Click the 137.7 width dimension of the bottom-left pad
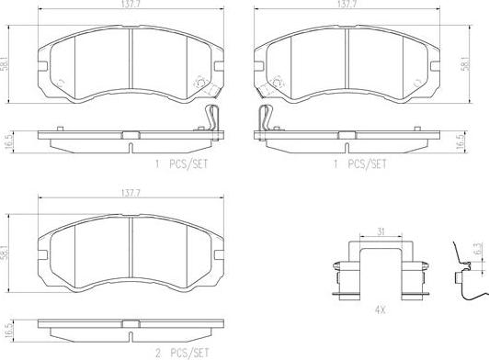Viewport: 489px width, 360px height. tap(131, 193)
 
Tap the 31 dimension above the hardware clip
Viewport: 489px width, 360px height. tap(381, 231)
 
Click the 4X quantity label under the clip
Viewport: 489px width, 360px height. tap(380, 310)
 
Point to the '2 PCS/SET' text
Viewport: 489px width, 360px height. tap(182, 354)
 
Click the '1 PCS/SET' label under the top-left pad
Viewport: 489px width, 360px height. tap(182, 164)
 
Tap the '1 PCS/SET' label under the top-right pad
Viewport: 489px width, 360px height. tap(360, 164)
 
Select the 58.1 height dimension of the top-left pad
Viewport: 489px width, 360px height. tap(5, 64)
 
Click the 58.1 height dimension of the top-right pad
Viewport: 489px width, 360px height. tap(466, 64)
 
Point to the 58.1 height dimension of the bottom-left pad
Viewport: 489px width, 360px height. tap(5, 253)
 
